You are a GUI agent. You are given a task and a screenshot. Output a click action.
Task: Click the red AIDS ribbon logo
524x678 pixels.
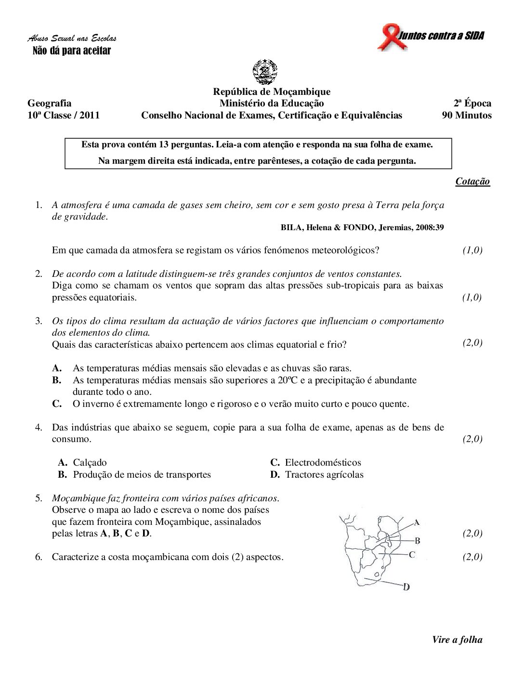tap(389, 38)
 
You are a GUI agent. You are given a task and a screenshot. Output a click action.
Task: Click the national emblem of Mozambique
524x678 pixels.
tap(265, 72)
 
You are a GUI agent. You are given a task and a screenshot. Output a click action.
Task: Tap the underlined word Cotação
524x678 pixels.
tap(472, 182)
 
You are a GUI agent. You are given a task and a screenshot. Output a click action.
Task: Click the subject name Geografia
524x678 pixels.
tap(49, 103)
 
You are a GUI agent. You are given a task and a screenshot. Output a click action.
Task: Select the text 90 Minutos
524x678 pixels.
tap(467, 115)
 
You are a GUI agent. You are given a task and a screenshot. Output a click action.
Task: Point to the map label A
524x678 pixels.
tap(417, 522)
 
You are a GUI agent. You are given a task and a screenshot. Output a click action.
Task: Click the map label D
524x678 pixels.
tap(406, 587)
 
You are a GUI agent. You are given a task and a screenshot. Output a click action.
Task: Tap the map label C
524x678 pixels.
tap(412, 555)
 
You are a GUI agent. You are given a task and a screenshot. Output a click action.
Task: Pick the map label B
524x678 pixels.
tap(417, 541)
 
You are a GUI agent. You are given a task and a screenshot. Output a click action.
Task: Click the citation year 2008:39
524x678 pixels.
tap(430, 228)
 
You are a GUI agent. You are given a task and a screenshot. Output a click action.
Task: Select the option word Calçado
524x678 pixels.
tap(90, 463)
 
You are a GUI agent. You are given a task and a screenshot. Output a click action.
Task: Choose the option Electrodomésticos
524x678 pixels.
tap(323, 463)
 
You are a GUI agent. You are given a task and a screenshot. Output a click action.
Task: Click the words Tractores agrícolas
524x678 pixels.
tap(324, 475)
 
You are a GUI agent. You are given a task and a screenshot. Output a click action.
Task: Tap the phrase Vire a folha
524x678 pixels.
tap(457, 640)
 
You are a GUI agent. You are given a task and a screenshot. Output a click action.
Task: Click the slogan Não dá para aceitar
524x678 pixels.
tap(72, 51)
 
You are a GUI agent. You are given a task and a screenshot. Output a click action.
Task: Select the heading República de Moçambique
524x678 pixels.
tap(272, 91)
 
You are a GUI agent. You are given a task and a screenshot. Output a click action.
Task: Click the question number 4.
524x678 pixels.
tap(39, 427)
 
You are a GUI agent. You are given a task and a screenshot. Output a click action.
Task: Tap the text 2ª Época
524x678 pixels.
tap(472, 103)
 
